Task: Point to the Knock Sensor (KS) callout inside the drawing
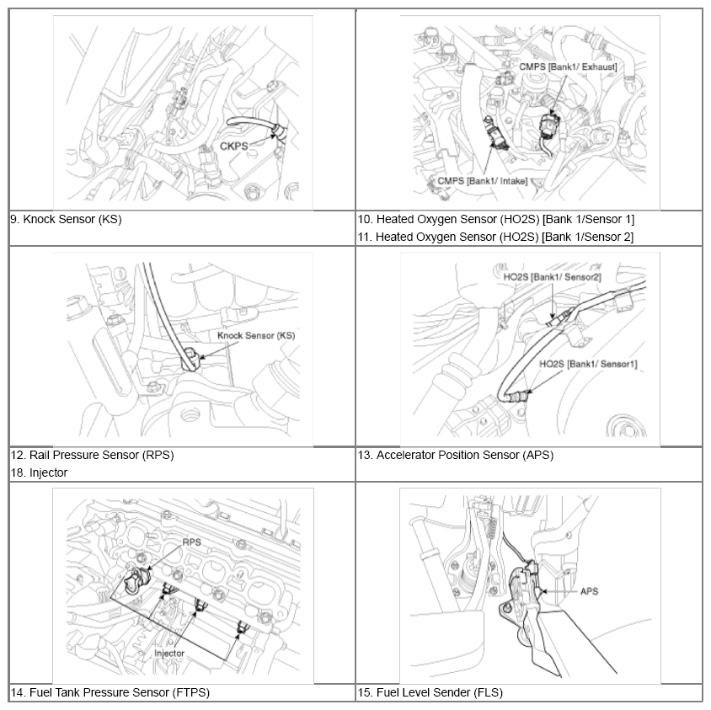coord(256,335)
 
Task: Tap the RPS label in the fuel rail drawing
coord(192,543)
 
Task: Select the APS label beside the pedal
coord(589,591)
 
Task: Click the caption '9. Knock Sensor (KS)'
coord(67,219)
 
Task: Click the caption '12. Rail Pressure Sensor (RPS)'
coord(92,455)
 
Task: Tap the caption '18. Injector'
coord(39,472)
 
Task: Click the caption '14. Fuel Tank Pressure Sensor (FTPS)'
coord(110,692)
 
